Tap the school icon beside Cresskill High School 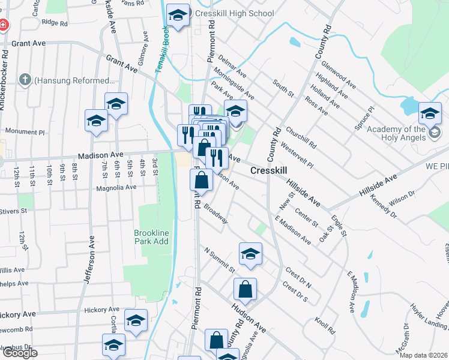[x=178, y=16]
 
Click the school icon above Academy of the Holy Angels [x=430, y=113]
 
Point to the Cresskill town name [x=268, y=171]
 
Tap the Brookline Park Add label [x=151, y=236]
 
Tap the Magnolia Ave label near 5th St [x=117, y=187]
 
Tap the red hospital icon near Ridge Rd [x=3, y=26]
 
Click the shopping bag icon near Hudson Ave [x=245, y=290]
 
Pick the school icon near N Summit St [x=250, y=254]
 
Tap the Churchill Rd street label [x=305, y=137]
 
